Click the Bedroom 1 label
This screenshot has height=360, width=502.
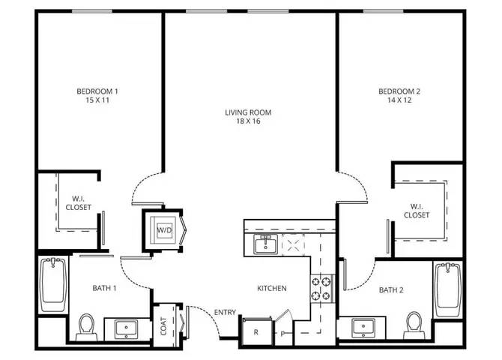point(97,91)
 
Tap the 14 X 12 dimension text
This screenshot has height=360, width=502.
point(399,100)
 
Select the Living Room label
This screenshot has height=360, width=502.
point(248,112)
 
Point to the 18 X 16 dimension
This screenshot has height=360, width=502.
point(248,121)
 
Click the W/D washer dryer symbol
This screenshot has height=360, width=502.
point(164,229)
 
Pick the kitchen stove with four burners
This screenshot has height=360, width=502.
point(321,289)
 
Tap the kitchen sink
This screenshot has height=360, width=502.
point(266,244)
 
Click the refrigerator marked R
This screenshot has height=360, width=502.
point(256,331)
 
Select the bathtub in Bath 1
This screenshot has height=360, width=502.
point(53,285)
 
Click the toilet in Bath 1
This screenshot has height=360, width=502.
point(86,327)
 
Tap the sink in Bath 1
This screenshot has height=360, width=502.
point(127,328)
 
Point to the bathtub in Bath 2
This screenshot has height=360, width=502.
point(448,289)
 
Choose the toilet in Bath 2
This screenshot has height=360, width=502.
point(414,325)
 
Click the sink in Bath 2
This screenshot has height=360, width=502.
point(363,328)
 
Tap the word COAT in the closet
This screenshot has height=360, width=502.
point(163,326)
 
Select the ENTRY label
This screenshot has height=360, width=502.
point(225,312)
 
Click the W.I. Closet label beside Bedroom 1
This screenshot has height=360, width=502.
point(78,203)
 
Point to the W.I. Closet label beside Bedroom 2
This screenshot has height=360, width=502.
point(416,211)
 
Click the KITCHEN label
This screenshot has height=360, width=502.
point(272,289)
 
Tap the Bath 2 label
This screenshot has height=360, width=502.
point(391,290)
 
